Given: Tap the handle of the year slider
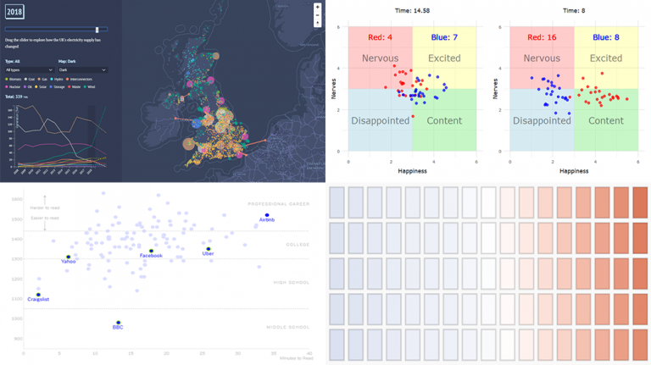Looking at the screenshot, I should click(97, 30).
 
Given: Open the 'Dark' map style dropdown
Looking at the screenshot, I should click(82, 69).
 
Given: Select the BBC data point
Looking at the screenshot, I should click(119, 323).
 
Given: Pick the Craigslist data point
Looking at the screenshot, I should click(38, 295).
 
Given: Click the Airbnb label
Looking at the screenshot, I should click(267, 219).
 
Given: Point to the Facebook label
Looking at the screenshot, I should click(151, 256).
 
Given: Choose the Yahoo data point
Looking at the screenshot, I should click(69, 257).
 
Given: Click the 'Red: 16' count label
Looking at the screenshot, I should click(534, 38).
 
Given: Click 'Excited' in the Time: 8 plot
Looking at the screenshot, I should click(605, 58).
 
